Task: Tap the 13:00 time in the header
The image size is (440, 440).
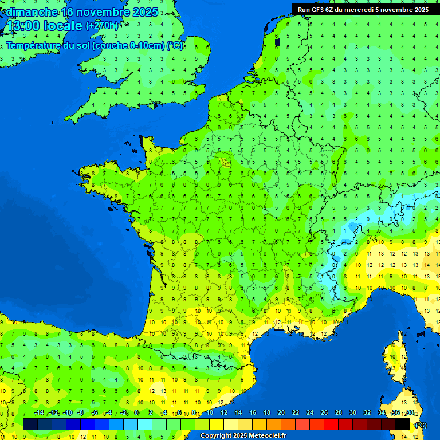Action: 22,26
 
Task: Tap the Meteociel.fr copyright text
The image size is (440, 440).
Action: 243,436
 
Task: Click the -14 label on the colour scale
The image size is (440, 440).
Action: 39,413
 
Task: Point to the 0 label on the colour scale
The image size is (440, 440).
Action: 136,413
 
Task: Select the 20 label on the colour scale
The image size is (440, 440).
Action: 281,413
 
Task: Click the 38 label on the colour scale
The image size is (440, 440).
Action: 410,413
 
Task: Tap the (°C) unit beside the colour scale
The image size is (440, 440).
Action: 421,425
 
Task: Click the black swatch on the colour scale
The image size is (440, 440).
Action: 403,424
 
